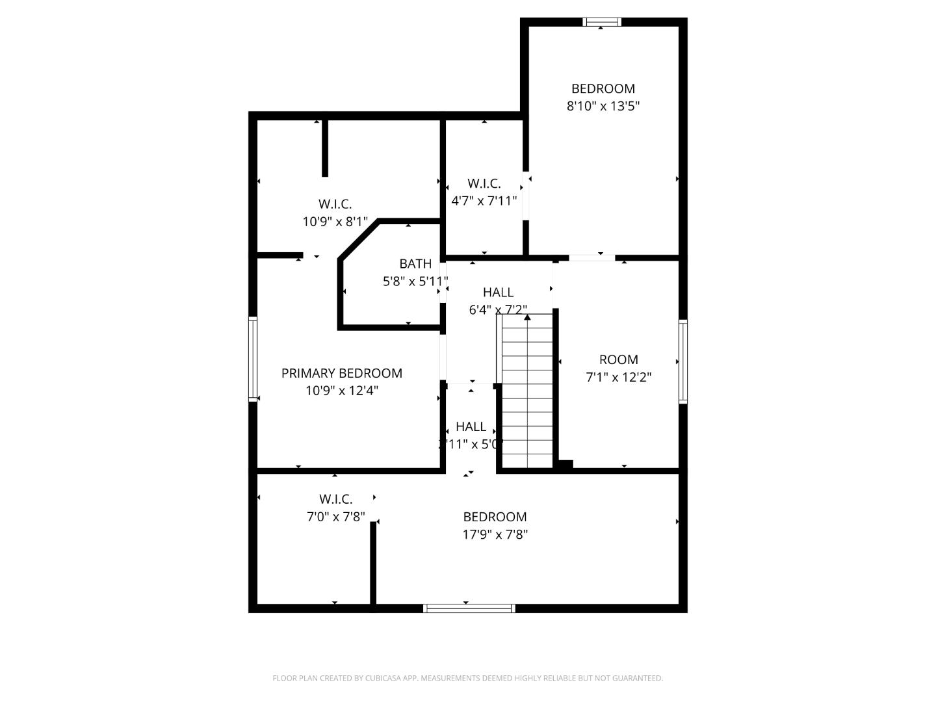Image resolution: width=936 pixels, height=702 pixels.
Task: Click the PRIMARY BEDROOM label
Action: point(341,373)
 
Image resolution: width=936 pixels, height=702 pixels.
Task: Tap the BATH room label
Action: point(415,264)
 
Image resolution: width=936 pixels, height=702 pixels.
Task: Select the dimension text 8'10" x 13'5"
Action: point(603,106)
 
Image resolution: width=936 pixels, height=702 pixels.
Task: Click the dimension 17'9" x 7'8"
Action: point(495,534)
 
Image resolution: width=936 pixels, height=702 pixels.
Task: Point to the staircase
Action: point(527,390)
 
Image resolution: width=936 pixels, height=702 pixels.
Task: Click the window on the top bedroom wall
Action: point(603,22)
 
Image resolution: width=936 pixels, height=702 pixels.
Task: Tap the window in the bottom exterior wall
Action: point(469,608)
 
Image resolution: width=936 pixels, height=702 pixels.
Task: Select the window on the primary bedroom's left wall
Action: point(253,359)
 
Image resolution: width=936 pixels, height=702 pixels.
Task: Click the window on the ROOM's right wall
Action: point(683,361)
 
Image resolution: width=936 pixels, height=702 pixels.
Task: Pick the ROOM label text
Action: point(618,359)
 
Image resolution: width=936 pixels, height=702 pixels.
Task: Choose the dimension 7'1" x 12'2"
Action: point(619,377)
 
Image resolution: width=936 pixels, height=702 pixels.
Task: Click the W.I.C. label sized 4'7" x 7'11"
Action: point(484,184)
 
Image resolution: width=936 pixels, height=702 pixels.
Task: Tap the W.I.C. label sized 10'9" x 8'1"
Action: point(335,204)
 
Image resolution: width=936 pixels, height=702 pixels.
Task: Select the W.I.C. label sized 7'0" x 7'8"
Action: point(335,499)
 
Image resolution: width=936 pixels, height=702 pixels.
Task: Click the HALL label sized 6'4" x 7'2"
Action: point(498,292)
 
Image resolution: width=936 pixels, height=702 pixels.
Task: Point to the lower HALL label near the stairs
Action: point(471,427)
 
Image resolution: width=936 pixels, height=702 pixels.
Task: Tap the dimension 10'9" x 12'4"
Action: point(342,391)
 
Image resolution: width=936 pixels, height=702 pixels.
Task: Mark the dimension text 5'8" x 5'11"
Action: point(415,281)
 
